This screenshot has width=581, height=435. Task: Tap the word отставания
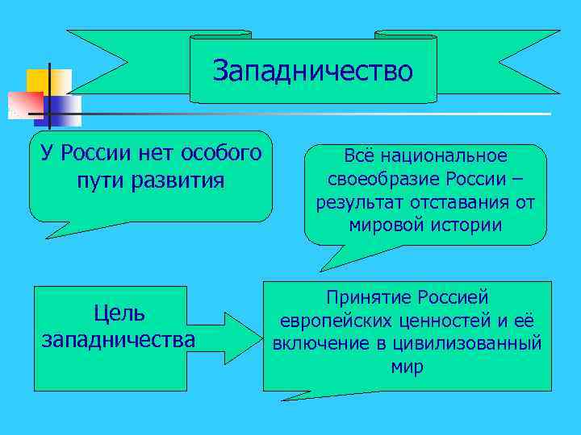click(461, 202)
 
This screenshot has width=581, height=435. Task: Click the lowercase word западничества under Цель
click(119, 339)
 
